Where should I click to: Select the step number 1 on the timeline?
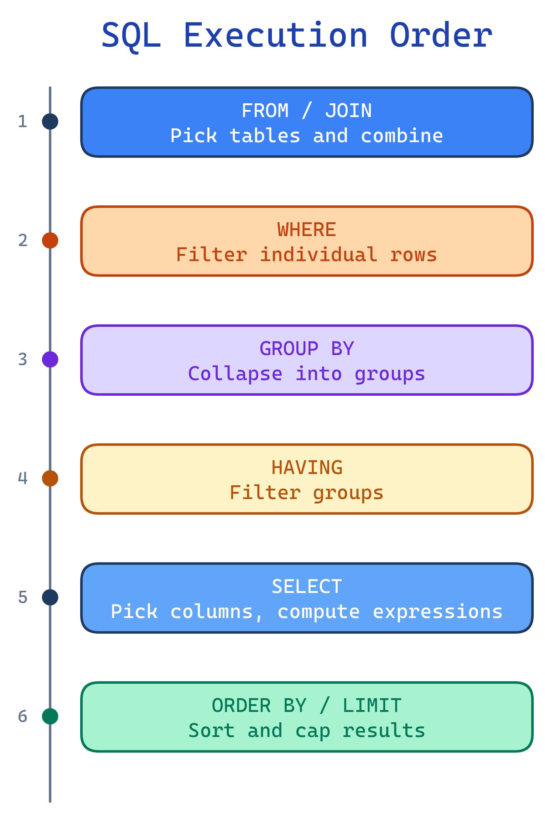pos(23,121)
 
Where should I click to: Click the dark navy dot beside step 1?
pos(50,121)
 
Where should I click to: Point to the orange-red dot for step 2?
pos(50,240)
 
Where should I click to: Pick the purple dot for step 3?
pos(50,359)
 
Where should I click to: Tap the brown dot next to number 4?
pos(50,478)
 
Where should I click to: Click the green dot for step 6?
pos(50,716)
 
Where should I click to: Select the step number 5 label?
pos(23,597)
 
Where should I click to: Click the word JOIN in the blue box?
pos(348,111)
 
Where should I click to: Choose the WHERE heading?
pos(307,230)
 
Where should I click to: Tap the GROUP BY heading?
pos(307,348)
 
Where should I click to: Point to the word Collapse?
pos(235,374)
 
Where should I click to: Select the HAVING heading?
pos(307,468)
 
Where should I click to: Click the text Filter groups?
pos(307,493)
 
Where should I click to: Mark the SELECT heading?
pos(307,586)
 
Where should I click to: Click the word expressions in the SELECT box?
pos(438,611)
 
